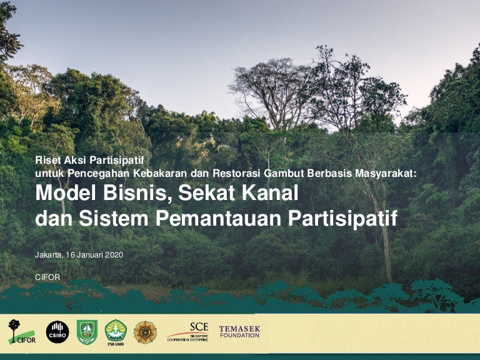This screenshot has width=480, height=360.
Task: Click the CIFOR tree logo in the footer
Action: (22, 331)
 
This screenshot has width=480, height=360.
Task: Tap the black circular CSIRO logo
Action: (57, 331)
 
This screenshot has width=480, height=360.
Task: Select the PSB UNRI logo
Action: (116, 332)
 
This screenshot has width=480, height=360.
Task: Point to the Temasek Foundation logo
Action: (239, 332)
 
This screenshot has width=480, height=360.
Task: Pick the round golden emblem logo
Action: (145, 332)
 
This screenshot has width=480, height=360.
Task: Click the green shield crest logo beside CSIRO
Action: (87, 332)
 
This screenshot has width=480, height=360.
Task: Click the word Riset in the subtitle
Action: (49, 160)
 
